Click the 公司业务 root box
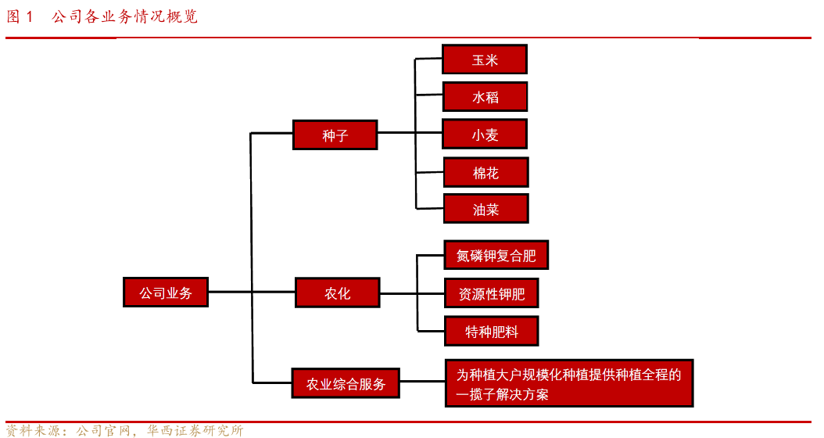click(166, 293)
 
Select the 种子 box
click(335, 135)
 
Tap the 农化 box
click(337, 293)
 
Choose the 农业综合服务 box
click(345, 384)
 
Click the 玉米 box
click(485, 59)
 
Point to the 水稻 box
click(485, 97)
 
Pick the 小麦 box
click(485, 135)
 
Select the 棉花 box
click(485, 172)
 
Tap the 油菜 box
click(485, 209)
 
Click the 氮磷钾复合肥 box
click(496, 256)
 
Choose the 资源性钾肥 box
click(491, 294)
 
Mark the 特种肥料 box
click(492, 332)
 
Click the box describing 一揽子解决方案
click(568, 384)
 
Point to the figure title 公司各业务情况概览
click(125, 16)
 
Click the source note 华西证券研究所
click(195, 430)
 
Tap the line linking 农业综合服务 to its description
click(422, 383)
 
